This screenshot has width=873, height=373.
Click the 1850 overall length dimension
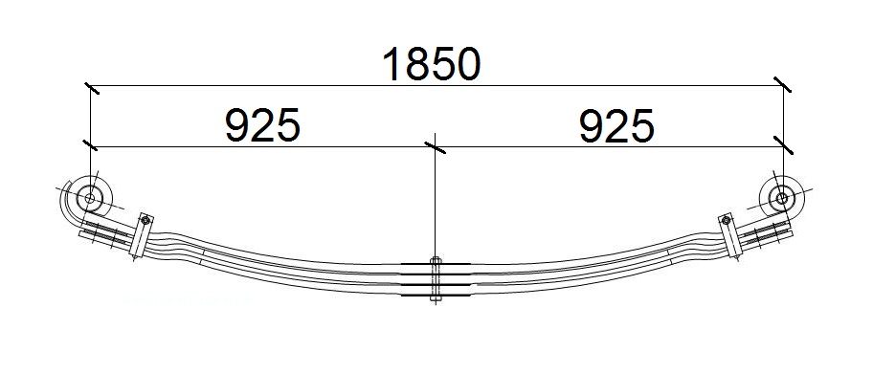click(x=430, y=64)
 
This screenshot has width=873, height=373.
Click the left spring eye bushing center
click(x=91, y=199)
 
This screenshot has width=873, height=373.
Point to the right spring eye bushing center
click(x=781, y=199)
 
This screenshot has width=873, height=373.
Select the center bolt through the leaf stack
click(x=436, y=280)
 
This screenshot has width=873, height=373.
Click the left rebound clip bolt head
click(x=145, y=221)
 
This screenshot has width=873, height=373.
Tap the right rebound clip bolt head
click(x=726, y=221)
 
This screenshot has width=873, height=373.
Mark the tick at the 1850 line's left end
click(x=91, y=87)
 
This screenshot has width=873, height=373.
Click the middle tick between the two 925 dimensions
click(x=436, y=146)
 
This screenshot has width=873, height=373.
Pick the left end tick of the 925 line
click(x=91, y=146)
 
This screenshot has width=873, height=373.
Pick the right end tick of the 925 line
click(x=782, y=145)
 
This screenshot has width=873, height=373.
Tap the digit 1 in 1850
click(x=393, y=64)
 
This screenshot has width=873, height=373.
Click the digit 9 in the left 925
click(x=238, y=125)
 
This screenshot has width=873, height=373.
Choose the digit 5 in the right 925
click(x=639, y=125)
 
